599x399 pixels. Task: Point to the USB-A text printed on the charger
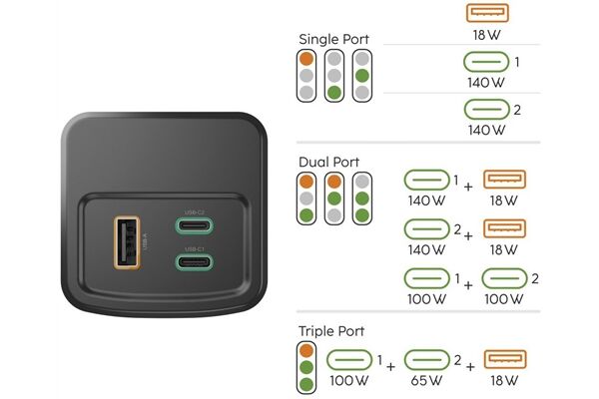tap(147, 240)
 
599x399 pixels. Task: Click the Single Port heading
tap(333, 40)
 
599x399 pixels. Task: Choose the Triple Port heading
tap(330, 330)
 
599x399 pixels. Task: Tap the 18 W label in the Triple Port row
tap(504, 380)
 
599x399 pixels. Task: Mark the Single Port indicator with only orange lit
tap(305, 76)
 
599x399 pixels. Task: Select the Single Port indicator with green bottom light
tap(334, 76)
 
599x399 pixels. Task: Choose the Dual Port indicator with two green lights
tap(362, 200)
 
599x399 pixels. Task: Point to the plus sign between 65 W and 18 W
tap(467, 366)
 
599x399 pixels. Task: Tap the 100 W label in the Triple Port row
tap(347, 380)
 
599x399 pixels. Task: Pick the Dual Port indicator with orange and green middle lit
tap(334, 200)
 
